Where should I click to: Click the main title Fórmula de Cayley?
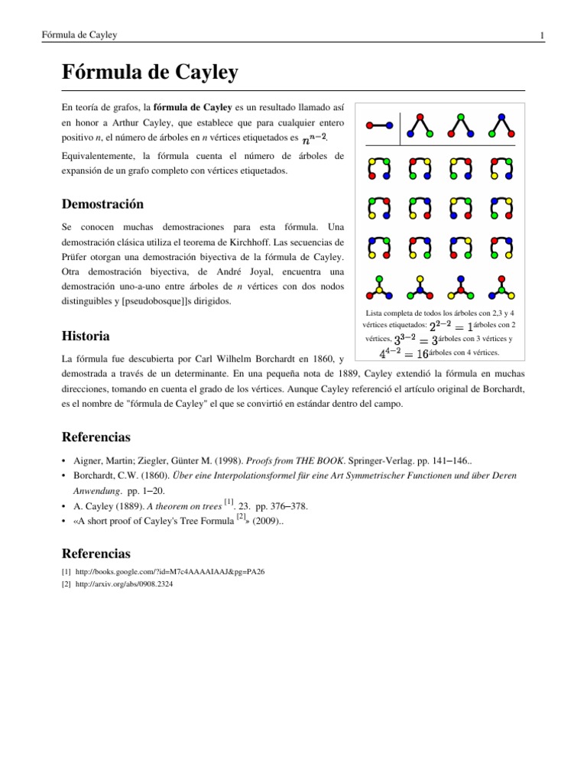[149, 73]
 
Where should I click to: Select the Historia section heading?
[85, 336]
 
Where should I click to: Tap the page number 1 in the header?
[541, 36]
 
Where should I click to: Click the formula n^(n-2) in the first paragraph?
[314, 139]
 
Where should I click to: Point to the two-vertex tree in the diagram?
[379, 125]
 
